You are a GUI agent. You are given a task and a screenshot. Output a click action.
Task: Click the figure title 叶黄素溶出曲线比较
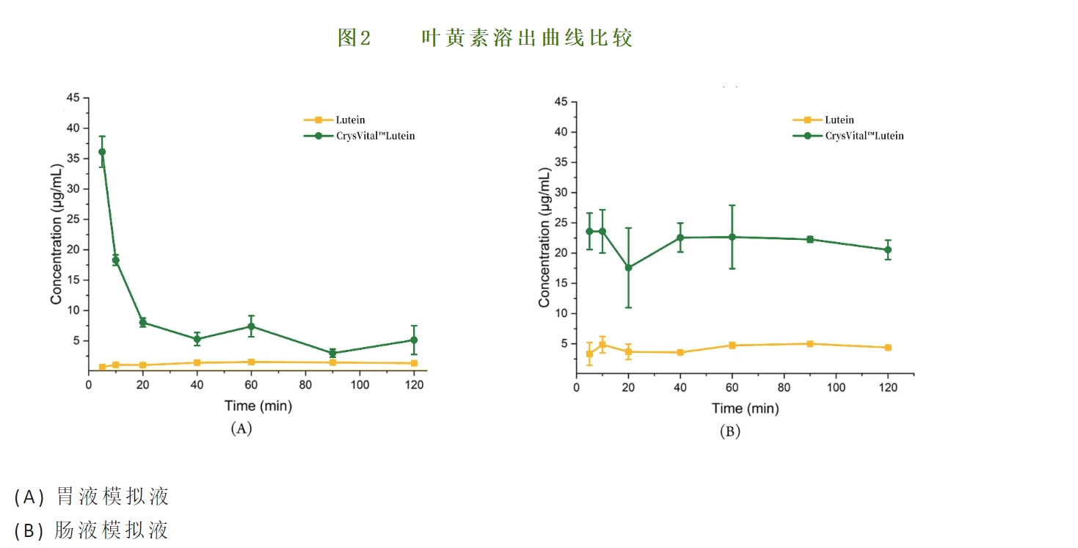pyautogui.click(x=526, y=38)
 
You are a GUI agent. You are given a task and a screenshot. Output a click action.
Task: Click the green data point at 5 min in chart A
pyautogui.click(x=102, y=152)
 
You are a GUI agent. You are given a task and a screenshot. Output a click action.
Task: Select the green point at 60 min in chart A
pyautogui.click(x=251, y=326)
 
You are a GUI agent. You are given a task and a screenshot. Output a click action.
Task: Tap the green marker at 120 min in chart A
pyautogui.click(x=414, y=340)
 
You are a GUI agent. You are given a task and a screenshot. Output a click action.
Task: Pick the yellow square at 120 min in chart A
pyautogui.click(x=414, y=363)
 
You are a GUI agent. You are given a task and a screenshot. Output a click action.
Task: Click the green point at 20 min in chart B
pyautogui.click(x=628, y=268)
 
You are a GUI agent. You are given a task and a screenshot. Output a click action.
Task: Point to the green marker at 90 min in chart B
pyautogui.click(x=810, y=239)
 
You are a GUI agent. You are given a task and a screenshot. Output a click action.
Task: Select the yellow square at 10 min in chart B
pyautogui.click(x=602, y=345)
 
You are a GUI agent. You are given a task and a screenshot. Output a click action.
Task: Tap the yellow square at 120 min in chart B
pyautogui.click(x=888, y=348)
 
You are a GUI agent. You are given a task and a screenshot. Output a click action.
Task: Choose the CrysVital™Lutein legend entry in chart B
pyautogui.click(x=864, y=136)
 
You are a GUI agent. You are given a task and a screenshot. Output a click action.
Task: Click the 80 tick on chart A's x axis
pyautogui.click(x=305, y=384)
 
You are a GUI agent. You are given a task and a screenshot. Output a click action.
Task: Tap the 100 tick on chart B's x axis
pyautogui.click(x=836, y=387)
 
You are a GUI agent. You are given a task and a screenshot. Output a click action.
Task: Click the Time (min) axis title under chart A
pyautogui.click(x=258, y=406)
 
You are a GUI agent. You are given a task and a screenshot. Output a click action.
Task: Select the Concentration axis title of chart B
pyautogui.click(x=544, y=238)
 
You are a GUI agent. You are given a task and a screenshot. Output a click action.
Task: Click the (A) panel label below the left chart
pyautogui.click(x=241, y=428)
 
